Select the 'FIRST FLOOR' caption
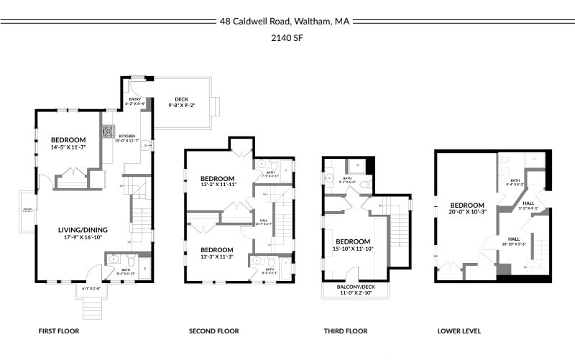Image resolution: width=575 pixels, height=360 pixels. click(x=58, y=331)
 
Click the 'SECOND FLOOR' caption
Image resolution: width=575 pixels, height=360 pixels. click(x=213, y=331)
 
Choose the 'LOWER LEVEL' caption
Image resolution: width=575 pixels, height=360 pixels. click(x=459, y=331)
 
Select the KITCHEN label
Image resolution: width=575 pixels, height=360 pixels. click(x=126, y=136)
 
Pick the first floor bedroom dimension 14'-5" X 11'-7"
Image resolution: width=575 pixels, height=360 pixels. click(x=68, y=147)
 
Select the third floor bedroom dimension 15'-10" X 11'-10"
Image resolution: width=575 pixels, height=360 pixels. click(x=353, y=249)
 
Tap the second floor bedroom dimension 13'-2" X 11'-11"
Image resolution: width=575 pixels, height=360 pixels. click(x=217, y=185)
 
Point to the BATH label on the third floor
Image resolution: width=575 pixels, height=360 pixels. click(x=347, y=178)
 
